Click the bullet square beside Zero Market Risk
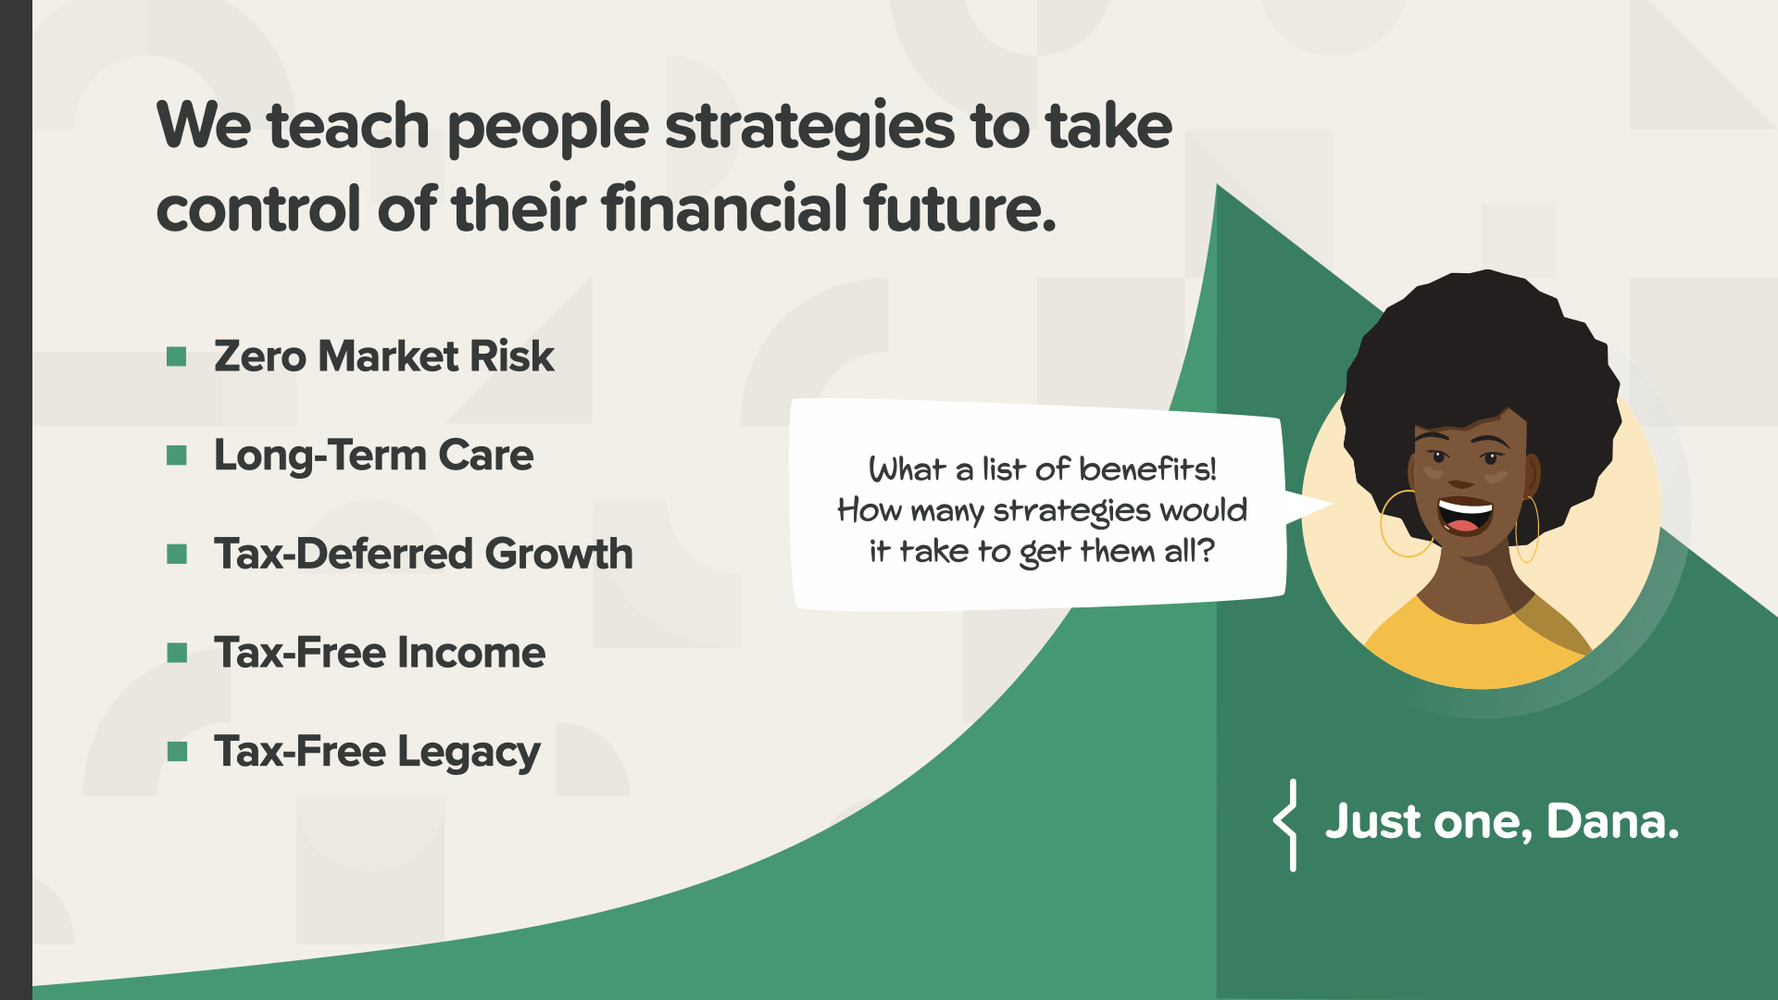[x=177, y=356]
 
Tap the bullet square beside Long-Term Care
[x=177, y=456]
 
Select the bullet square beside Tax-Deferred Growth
[x=177, y=554]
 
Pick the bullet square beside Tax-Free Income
[x=177, y=653]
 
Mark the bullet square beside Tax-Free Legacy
[x=177, y=751]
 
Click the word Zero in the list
[x=260, y=356]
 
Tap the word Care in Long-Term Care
[x=486, y=456]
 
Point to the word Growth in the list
[x=559, y=554]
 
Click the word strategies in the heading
[x=809, y=130]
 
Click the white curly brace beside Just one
[x=1285, y=825]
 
